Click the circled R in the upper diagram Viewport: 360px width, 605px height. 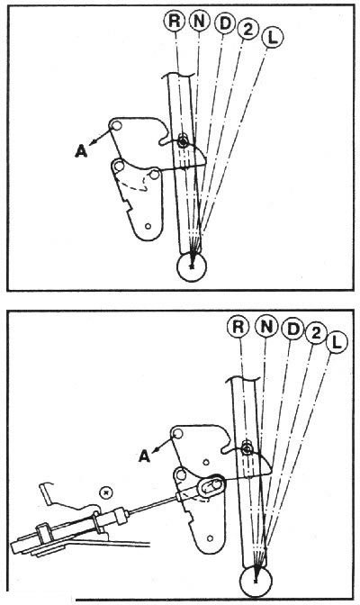[x=174, y=21]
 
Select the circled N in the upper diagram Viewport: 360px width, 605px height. [x=199, y=22]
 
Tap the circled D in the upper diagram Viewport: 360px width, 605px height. [x=225, y=24]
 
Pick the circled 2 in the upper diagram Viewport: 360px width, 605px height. [x=247, y=30]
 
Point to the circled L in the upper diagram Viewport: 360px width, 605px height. [x=273, y=38]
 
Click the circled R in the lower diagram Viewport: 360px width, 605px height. [x=238, y=326]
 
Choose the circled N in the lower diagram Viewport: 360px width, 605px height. [x=266, y=327]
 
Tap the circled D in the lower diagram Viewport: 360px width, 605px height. [x=293, y=330]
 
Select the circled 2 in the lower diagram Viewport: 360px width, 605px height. [x=316, y=333]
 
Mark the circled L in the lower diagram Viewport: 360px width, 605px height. [x=337, y=342]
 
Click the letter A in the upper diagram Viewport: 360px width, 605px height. [x=81, y=151]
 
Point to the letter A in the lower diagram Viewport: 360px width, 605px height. [x=144, y=456]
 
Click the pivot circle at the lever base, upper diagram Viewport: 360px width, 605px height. [x=192, y=266]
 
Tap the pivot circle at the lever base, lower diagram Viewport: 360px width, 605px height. [x=256, y=581]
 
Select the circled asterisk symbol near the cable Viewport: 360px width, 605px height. [x=105, y=492]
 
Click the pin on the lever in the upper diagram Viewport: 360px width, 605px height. [x=183, y=142]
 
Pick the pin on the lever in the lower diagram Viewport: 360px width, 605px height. [x=247, y=448]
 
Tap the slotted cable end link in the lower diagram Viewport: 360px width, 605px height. [x=211, y=485]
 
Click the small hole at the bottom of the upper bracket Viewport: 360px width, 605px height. [x=147, y=226]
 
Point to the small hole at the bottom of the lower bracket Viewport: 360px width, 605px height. [x=210, y=538]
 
